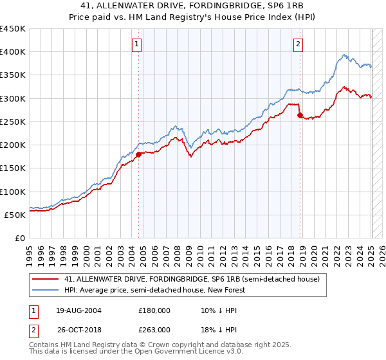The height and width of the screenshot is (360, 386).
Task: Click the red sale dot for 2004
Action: [138, 154]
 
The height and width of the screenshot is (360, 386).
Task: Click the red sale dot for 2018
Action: [300, 116]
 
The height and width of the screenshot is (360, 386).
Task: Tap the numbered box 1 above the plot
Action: [138, 44]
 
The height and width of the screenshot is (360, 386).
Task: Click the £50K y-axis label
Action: [15, 215]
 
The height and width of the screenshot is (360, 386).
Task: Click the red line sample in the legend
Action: [46, 279]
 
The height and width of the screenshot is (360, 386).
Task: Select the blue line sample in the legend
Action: [46, 290]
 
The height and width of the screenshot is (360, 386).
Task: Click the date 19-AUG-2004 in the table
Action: [79, 310]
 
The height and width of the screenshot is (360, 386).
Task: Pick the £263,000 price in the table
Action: [154, 329]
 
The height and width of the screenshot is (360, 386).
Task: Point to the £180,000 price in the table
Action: [154, 310]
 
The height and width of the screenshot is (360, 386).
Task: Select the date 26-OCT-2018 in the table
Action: [79, 329]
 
